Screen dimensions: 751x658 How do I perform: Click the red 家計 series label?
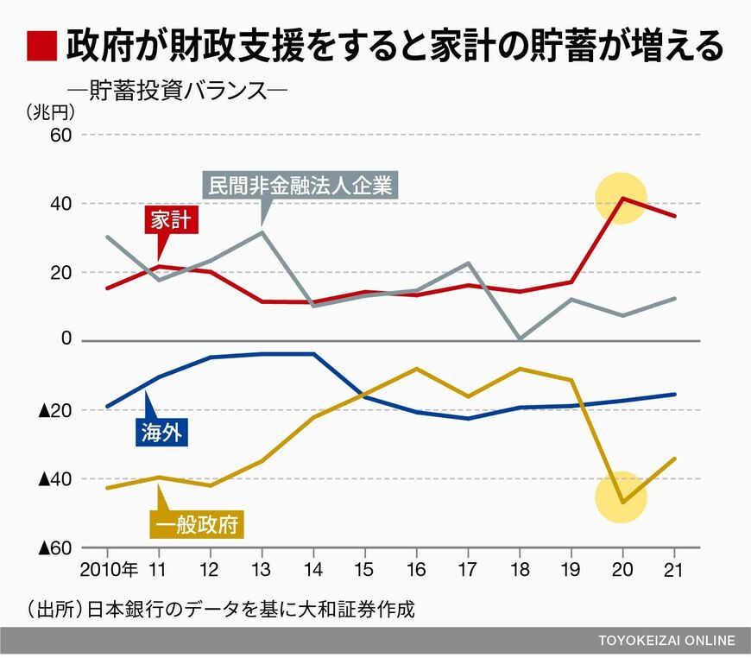[171, 220]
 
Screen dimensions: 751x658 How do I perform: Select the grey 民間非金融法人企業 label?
[300, 185]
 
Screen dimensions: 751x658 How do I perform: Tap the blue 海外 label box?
[162, 433]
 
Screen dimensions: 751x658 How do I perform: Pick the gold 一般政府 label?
[197, 525]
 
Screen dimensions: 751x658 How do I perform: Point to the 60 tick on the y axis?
[60, 136]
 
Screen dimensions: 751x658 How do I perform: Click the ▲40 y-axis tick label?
[55, 478]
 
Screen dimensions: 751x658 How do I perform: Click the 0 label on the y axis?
[66, 338]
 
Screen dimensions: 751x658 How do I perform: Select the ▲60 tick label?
[55, 547]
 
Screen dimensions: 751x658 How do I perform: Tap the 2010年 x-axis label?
[109, 569]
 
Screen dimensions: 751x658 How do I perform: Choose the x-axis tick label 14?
[313, 569]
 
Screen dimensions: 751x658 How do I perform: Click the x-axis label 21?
[674, 569]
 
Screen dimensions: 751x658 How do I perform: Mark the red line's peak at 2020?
[622, 198]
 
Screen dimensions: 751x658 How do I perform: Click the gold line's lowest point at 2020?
[622, 503]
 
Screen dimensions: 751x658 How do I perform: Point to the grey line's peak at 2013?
[262, 232]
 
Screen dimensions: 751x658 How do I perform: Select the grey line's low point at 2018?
[520, 338]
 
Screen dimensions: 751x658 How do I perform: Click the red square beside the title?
[41, 46]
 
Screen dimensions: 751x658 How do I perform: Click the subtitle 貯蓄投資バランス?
[178, 90]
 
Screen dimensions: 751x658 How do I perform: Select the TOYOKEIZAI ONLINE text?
[666, 640]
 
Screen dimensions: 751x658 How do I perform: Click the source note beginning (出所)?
[221, 610]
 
